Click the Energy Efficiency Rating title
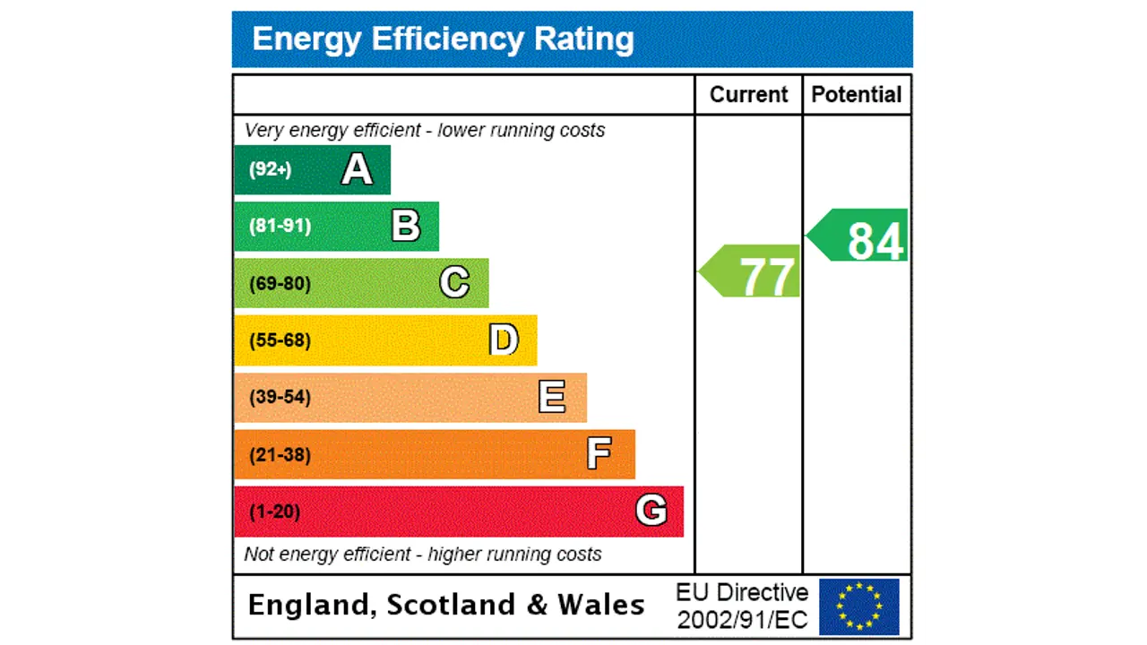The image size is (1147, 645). click(x=443, y=39)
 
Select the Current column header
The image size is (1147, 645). click(x=748, y=95)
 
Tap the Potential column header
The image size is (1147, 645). click(x=856, y=95)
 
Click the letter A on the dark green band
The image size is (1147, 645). click(x=357, y=169)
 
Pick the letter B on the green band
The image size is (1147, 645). click(x=406, y=226)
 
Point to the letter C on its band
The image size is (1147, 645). click(x=454, y=283)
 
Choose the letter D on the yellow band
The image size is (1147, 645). click(x=504, y=340)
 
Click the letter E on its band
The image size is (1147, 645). click(x=552, y=397)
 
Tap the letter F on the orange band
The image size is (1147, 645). click(x=599, y=454)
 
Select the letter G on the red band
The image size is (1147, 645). click(x=651, y=511)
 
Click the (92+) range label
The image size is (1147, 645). click(x=270, y=169)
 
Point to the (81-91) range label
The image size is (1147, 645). click(x=280, y=226)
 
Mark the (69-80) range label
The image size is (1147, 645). click(x=280, y=284)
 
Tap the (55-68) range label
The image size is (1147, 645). click(x=280, y=340)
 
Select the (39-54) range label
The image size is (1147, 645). click(x=280, y=397)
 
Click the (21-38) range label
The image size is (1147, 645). click(x=280, y=455)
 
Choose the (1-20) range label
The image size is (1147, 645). click(x=274, y=512)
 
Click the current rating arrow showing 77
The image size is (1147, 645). click(x=752, y=271)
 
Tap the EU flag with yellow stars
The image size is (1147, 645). click(x=858, y=606)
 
